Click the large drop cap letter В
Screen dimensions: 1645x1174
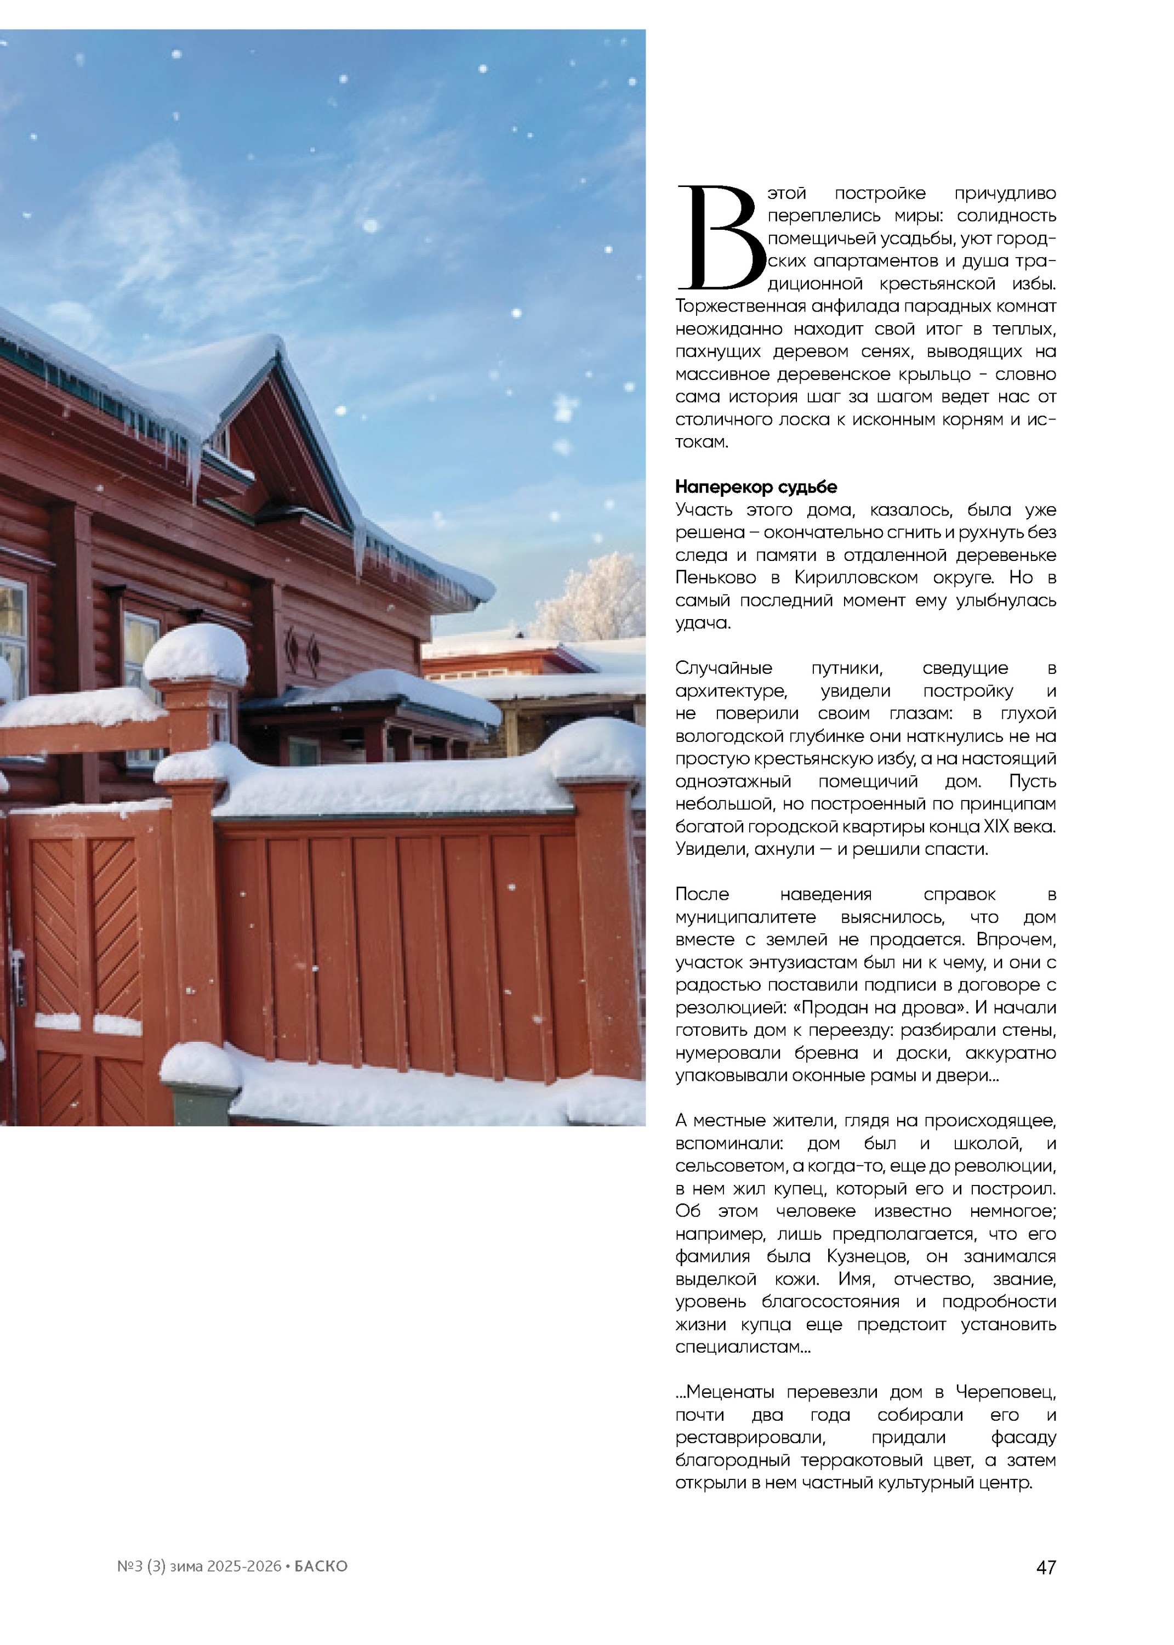point(719,238)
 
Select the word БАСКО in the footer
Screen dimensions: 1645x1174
point(321,1566)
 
